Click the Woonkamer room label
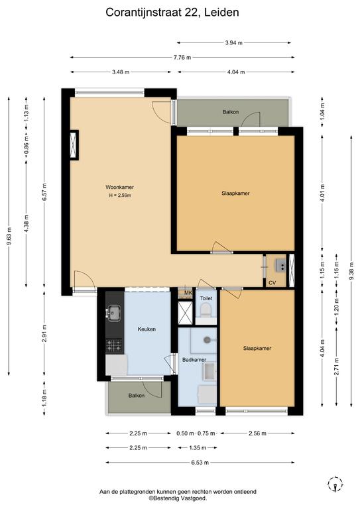coord(119,188)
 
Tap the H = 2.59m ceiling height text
coord(120,196)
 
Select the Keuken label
coord(147,329)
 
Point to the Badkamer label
coord(194,360)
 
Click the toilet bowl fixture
coord(206,310)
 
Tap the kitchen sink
coord(113,313)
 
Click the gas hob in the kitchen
coord(114,346)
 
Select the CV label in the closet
coord(272,283)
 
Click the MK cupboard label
coord(188,293)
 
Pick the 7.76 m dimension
coord(182,58)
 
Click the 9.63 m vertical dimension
coord(9,236)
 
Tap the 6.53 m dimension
coord(200,462)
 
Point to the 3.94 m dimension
coord(234,42)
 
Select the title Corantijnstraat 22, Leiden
coord(172,13)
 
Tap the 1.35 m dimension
coord(198,447)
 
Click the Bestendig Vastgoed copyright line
coord(178,498)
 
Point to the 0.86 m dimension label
coord(27,145)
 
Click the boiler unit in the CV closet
coord(280,265)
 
